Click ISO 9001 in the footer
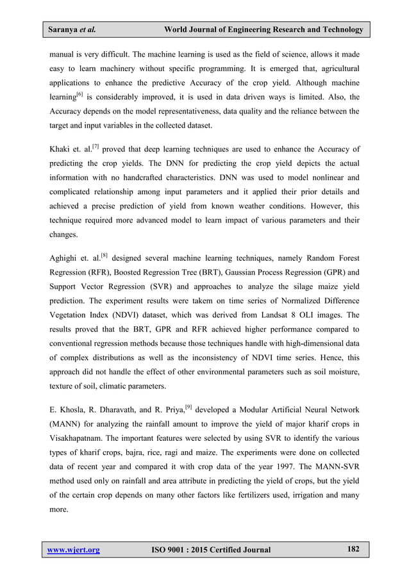[x=171, y=550]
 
